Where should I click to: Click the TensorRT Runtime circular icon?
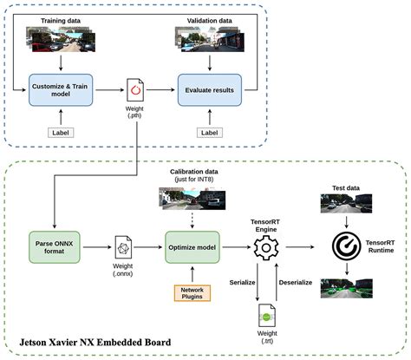tap(347, 244)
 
